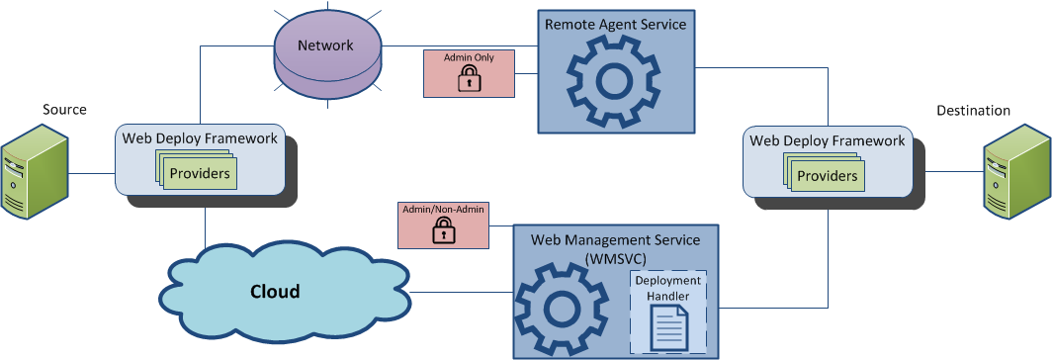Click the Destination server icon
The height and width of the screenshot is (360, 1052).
click(1016, 177)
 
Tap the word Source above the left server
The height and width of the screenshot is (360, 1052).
click(65, 109)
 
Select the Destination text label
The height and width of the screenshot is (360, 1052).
click(973, 111)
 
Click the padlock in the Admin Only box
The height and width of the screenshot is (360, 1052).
click(468, 81)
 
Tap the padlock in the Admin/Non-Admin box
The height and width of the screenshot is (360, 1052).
click(443, 232)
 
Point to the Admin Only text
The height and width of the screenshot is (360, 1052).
click(469, 58)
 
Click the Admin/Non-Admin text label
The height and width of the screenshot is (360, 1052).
click(443, 210)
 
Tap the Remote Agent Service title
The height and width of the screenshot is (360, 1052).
click(615, 25)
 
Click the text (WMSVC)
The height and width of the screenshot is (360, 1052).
click(615, 257)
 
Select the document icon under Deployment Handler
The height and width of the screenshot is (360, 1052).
click(669, 327)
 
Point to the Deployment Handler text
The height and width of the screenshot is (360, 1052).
click(669, 289)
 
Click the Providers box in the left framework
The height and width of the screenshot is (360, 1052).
click(200, 174)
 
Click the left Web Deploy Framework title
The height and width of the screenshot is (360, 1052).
click(201, 137)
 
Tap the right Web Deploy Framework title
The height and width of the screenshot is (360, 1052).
click(828, 140)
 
